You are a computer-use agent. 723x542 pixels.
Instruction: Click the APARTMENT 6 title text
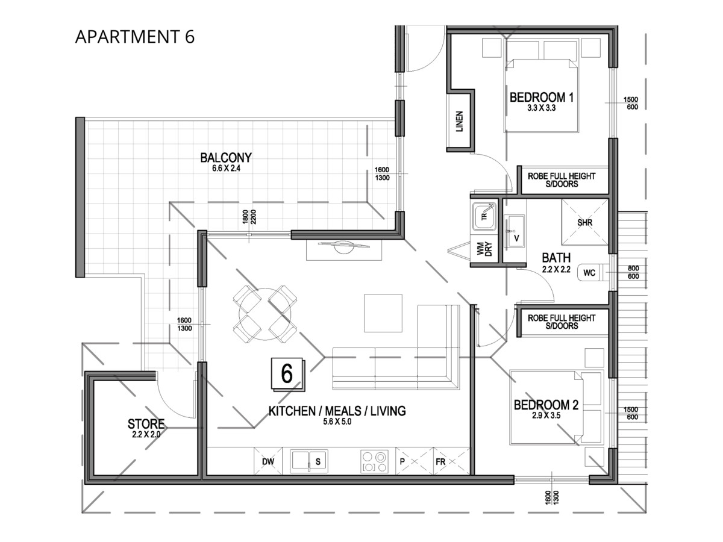(x=135, y=37)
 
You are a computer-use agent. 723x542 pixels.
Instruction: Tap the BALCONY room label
(x=225, y=157)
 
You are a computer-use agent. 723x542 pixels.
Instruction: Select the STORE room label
(x=146, y=423)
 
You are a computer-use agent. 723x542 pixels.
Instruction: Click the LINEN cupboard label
(x=460, y=122)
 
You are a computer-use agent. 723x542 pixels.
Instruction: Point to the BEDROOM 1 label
(x=542, y=98)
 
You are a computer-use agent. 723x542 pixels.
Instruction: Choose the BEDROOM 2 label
(x=546, y=405)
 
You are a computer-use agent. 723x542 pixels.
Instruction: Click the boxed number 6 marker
(x=287, y=375)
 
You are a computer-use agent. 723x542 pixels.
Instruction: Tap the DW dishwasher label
(x=268, y=461)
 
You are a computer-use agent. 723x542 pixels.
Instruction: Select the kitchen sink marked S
(x=308, y=461)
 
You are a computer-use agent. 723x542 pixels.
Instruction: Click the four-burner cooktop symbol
(x=374, y=461)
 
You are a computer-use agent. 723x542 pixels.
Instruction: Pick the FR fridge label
(x=440, y=462)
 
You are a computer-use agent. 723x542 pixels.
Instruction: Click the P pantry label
(x=402, y=462)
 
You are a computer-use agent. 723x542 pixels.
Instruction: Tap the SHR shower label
(x=584, y=223)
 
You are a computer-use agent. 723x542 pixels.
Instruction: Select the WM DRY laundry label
(x=484, y=249)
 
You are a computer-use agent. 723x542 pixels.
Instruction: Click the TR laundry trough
(x=484, y=217)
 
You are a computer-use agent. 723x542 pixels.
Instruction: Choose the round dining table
(x=265, y=314)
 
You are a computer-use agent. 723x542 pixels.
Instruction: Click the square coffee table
(x=383, y=313)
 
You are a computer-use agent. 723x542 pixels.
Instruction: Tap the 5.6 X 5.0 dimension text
(x=337, y=421)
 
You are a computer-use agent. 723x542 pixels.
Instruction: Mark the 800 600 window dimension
(x=633, y=272)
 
